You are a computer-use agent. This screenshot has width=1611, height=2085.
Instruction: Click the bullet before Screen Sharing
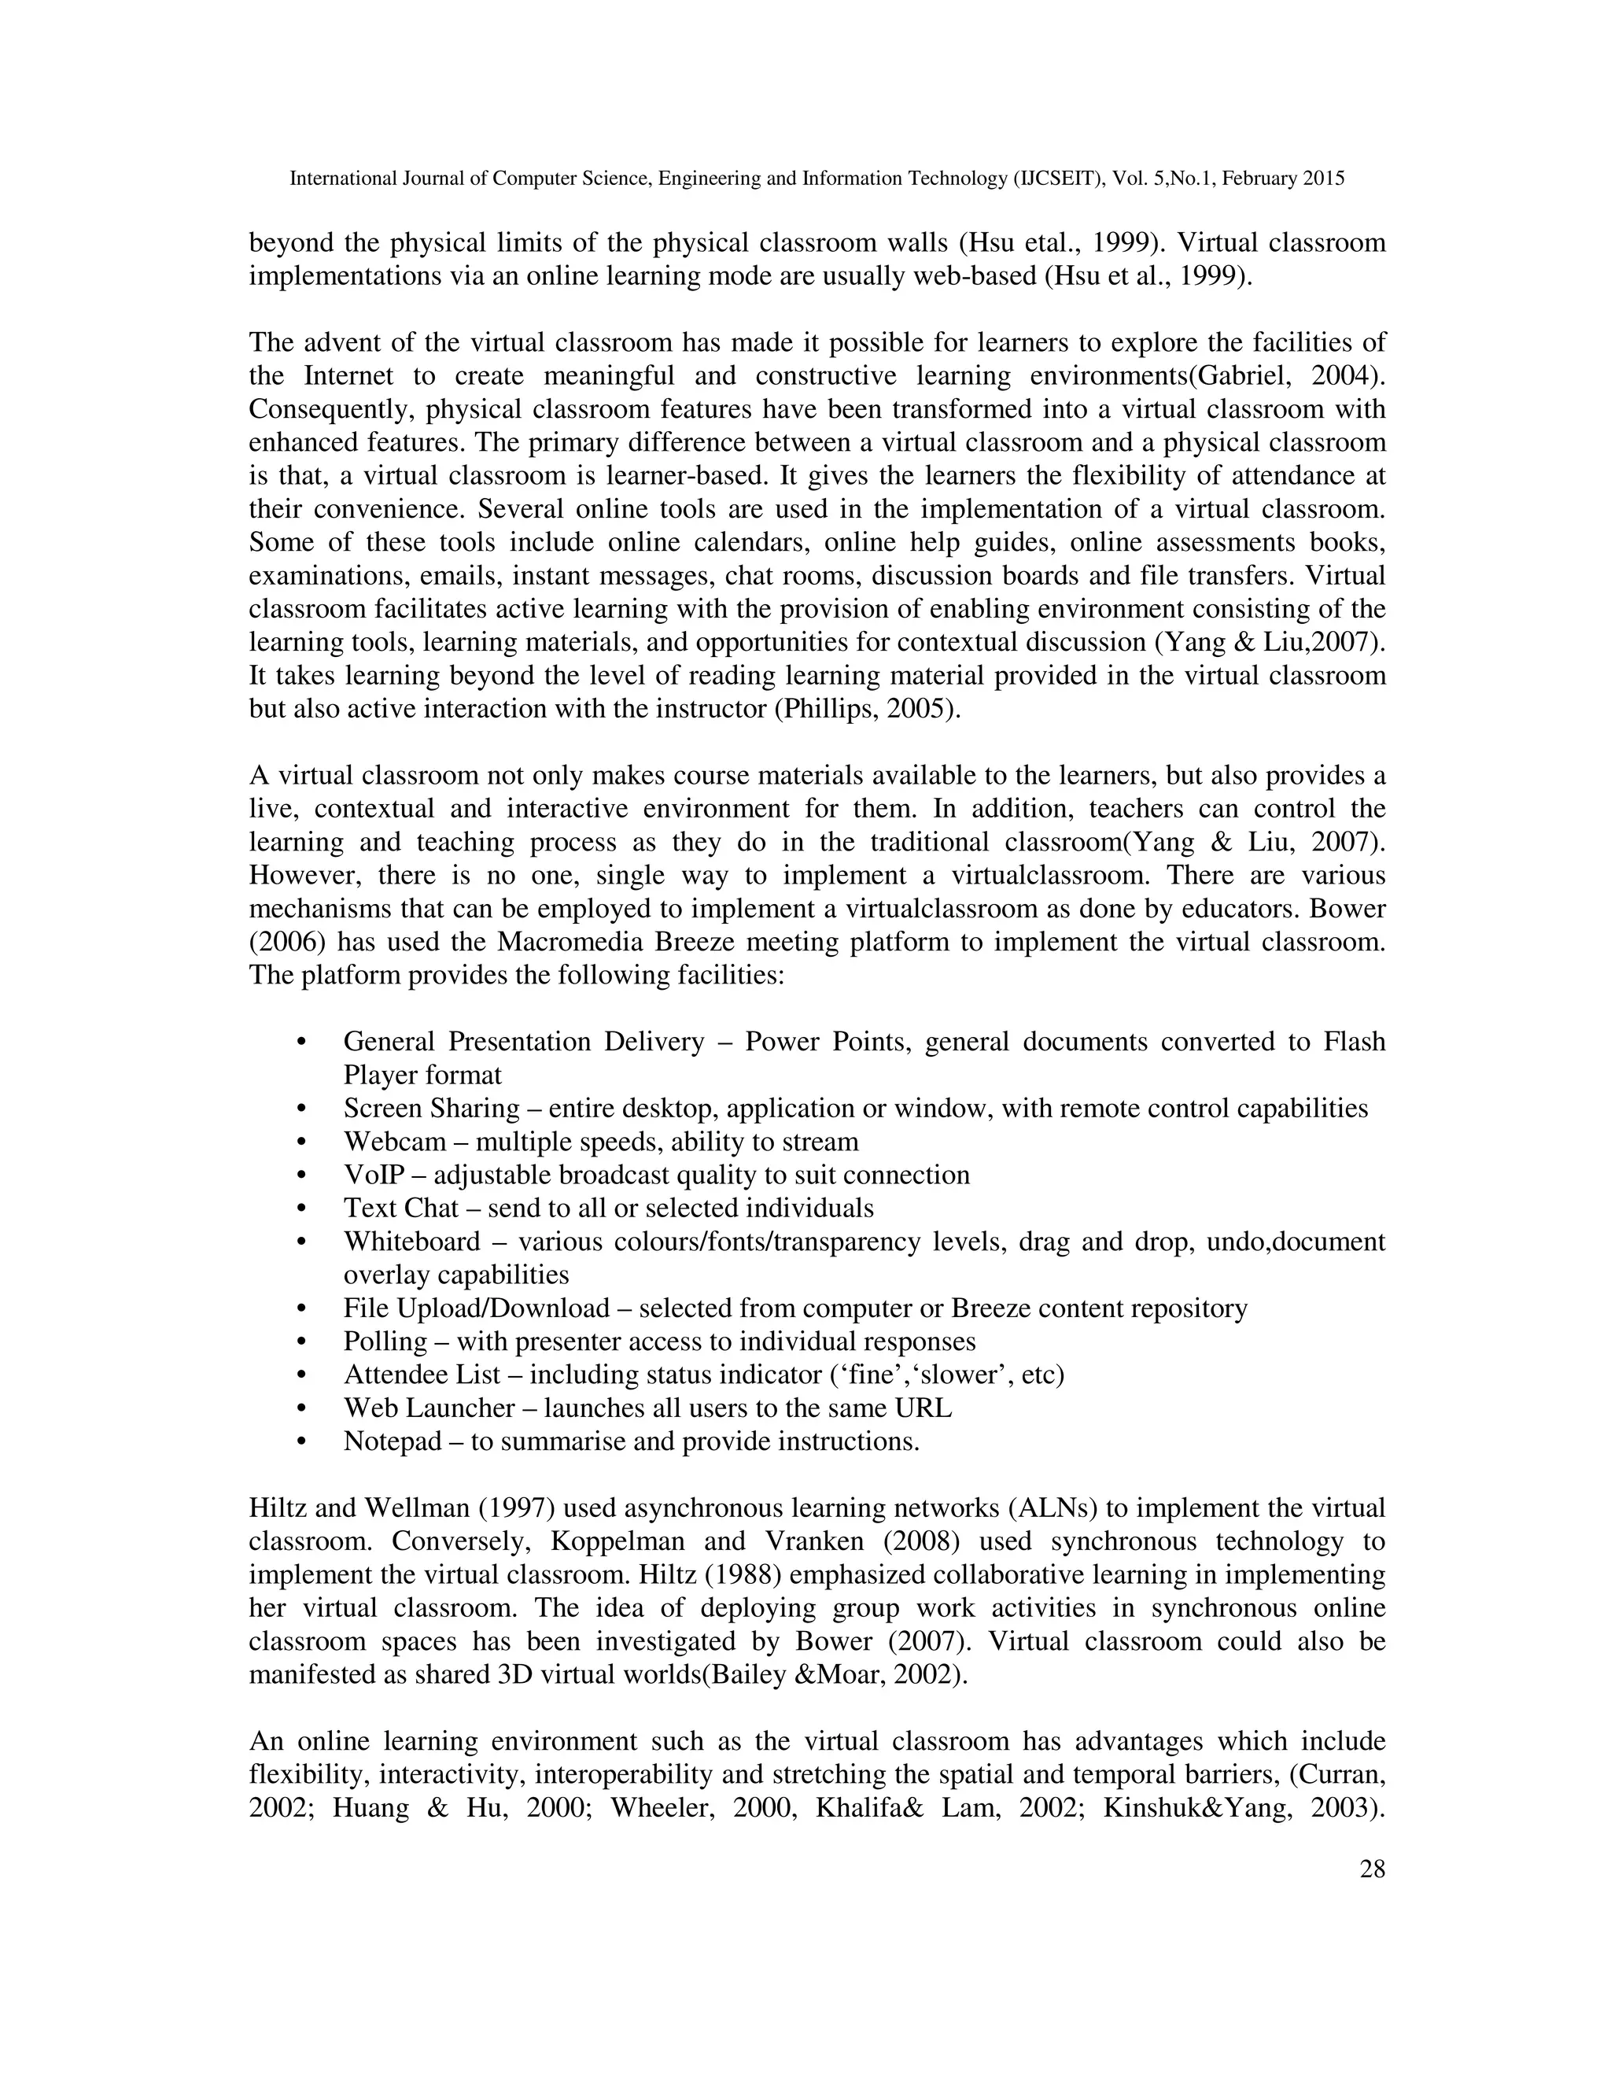(x=301, y=1109)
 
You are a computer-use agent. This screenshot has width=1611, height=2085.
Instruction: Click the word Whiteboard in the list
(x=411, y=1242)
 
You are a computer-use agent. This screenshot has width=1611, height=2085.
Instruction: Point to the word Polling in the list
(x=385, y=1341)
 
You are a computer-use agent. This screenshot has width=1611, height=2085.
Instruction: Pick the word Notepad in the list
(x=391, y=1441)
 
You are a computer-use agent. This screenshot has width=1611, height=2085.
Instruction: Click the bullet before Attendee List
(x=301, y=1375)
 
